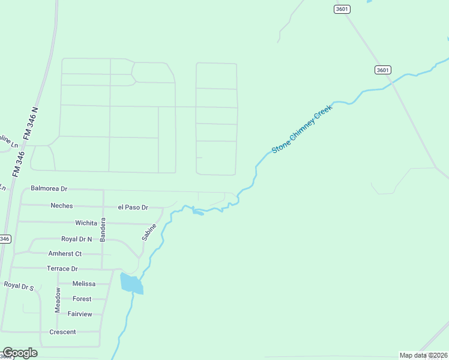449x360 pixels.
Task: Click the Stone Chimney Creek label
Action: (302, 131)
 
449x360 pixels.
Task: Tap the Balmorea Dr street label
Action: (49, 188)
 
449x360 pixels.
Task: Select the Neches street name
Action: (62, 206)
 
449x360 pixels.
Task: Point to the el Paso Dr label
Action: (133, 208)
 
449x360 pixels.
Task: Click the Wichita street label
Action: (86, 223)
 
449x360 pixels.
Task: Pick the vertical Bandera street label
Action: (103, 229)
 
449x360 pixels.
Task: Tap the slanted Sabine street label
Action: (149, 232)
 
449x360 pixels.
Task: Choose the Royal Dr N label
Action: (77, 239)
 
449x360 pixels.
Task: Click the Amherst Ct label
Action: (65, 254)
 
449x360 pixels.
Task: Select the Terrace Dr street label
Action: (62, 269)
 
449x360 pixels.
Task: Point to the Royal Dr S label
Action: (19, 286)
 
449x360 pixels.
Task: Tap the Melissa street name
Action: (84, 284)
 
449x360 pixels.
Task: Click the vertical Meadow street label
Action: (58, 299)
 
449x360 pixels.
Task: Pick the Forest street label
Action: (82, 299)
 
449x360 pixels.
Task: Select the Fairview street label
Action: (80, 314)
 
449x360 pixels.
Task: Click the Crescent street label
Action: (62, 332)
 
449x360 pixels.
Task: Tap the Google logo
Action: (20, 353)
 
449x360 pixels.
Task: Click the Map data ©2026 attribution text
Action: (423, 355)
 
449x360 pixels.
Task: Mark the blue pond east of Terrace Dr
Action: (131, 283)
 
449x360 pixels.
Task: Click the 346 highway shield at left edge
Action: (4, 239)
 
